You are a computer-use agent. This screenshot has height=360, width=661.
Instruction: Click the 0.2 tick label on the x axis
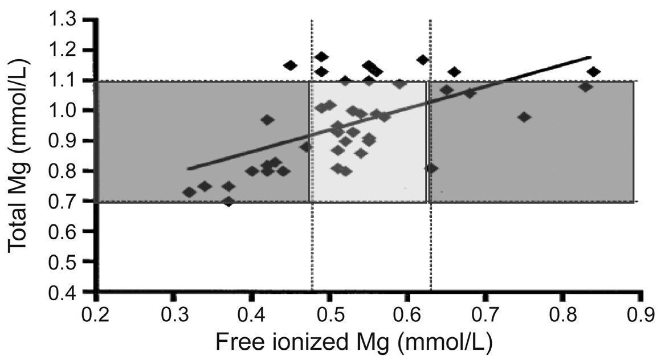(x=95, y=316)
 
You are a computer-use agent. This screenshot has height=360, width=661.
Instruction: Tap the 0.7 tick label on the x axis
(x=485, y=316)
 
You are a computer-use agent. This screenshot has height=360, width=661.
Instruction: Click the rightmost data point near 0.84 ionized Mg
(x=594, y=72)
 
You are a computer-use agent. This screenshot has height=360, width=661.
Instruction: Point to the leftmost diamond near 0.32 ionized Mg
(x=190, y=193)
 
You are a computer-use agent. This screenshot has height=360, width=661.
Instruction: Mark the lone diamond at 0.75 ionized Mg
(x=525, y=117)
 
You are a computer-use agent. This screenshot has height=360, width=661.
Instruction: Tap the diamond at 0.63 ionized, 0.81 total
(x=431, y=168)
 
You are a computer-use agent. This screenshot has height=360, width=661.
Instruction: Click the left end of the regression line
(x=189, y=169)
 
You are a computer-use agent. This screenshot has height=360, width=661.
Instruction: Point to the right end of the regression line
(x=591, y=57)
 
